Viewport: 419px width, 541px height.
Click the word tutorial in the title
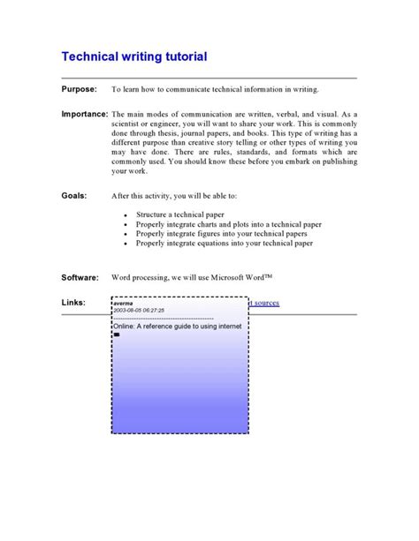pos(180,57)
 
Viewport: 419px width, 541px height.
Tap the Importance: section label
pos(85,115)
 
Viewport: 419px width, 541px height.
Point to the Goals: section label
pos(74,195)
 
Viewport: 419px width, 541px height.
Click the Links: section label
pos(73,303)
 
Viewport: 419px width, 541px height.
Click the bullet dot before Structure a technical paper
pos(126,215)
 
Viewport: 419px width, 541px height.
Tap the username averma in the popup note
pos(125,303)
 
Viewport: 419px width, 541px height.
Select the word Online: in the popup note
pos(127,326)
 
